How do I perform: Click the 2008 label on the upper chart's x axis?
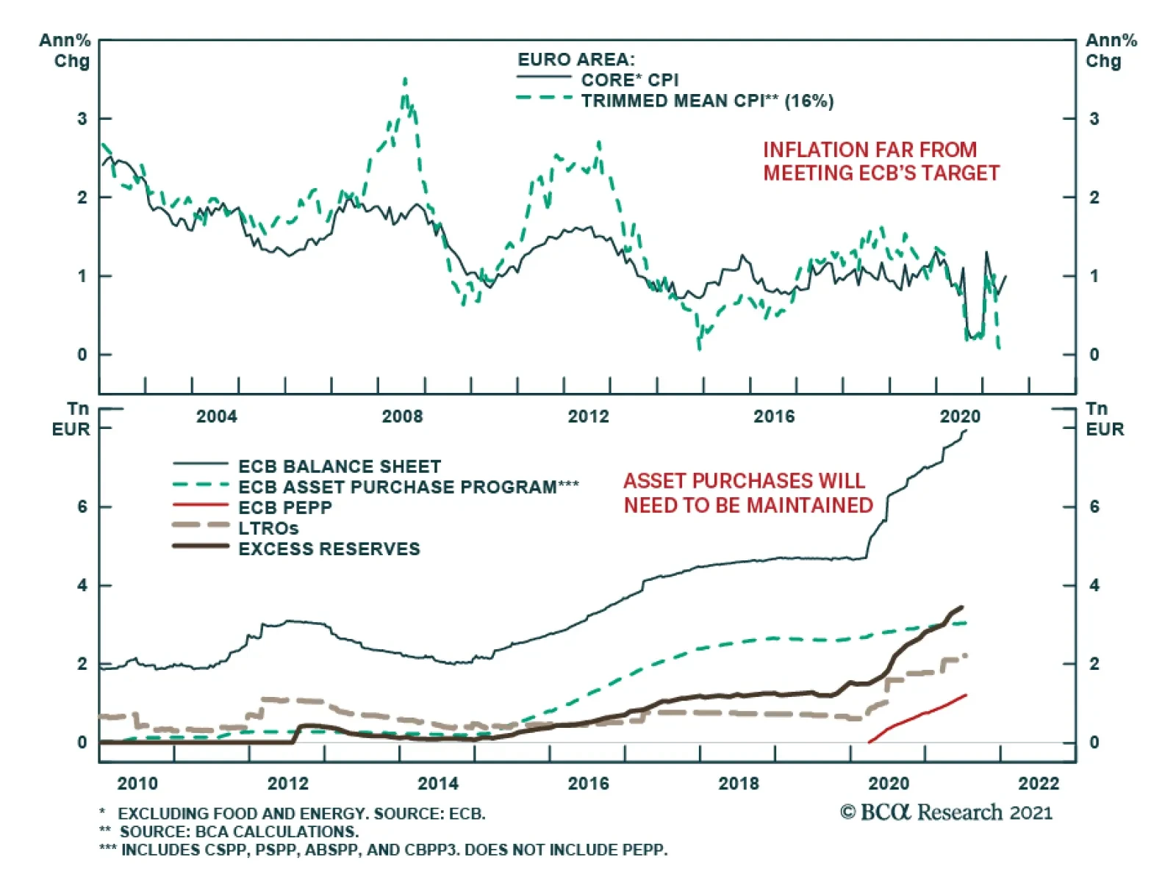click(402, 416)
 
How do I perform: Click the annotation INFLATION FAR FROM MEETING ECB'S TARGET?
click(881, 162)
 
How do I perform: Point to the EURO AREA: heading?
click(576, 59)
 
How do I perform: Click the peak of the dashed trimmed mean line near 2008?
click(405, 80)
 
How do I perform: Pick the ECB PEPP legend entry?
click(284, 507)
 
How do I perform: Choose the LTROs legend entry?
click(268, 528)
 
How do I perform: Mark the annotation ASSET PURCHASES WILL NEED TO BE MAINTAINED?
click(747, 493)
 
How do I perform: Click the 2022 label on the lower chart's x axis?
click(1038, 783)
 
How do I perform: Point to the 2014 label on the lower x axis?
click(437, 783)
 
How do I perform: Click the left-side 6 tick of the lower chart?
click(82, 507)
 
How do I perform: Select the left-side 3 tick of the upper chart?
click(82, 118)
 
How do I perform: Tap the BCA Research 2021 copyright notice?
click(946, 812)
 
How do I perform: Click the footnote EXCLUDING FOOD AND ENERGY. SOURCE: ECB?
click(301, 814)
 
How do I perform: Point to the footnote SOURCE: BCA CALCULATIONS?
click(239, 831)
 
